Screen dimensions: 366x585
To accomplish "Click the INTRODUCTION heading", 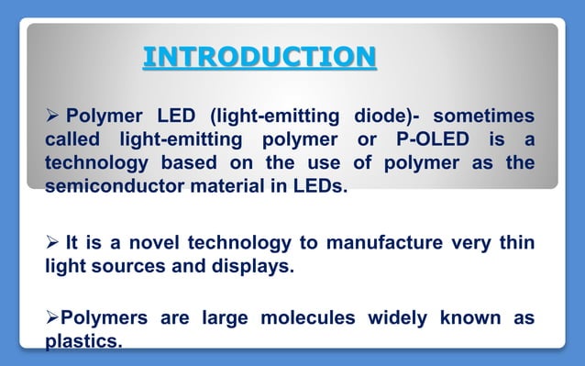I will coord(259,58).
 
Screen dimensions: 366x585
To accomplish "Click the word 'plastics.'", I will coord(83,342).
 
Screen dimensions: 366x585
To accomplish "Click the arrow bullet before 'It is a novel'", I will coord(53,243).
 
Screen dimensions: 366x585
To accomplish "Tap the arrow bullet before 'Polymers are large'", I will coord(52,318).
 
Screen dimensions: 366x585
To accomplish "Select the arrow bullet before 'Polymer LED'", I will coord(53,117).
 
